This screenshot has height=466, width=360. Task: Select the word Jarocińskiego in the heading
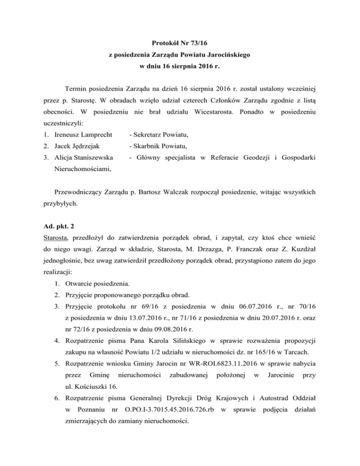228,55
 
